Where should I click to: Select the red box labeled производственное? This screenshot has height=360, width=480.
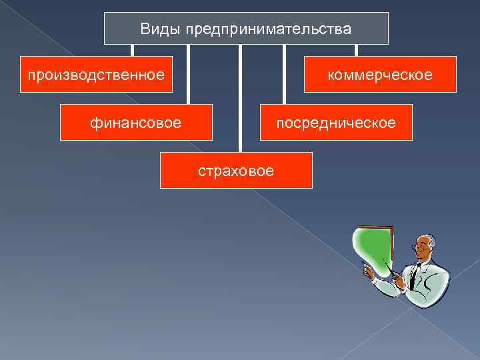click(96, 74)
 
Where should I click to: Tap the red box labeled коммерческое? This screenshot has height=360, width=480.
click(380, 74)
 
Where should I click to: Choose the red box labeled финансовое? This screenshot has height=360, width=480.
click(136, 122)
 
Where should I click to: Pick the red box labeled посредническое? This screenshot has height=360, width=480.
click(336, 122)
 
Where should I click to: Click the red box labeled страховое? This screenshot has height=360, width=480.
click(236, 170)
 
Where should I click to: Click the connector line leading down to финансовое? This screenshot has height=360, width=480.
click(188, 73)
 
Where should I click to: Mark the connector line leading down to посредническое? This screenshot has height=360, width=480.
click(285, 73)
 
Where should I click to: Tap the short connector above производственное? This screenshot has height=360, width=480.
click(132, 50)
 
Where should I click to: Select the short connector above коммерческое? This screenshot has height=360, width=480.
click(356, 50)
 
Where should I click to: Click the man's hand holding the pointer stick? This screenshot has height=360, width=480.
click(399, 282)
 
